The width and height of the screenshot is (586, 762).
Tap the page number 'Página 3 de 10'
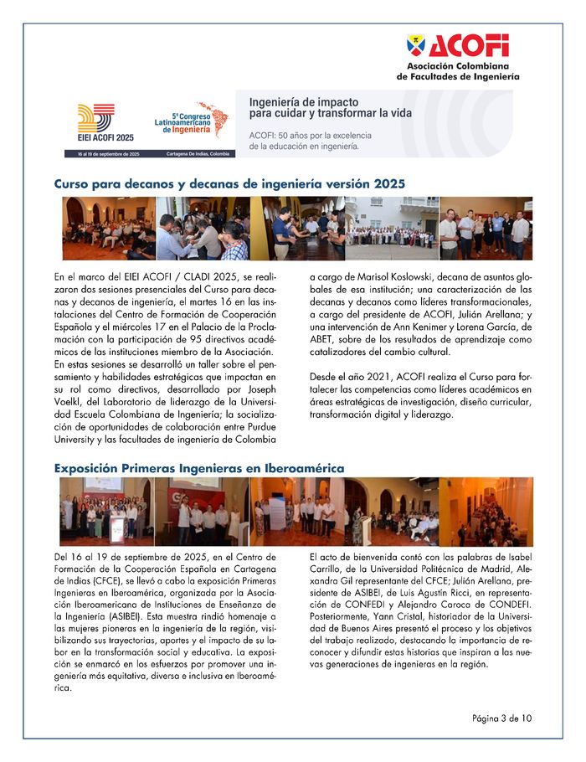(x=501, y=718)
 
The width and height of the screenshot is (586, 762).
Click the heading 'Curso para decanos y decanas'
(x=229, y=182)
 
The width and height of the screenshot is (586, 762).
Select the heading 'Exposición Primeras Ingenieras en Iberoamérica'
(x=199, y=467)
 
